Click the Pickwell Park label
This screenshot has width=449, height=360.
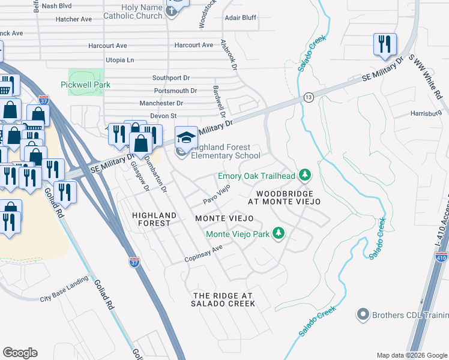[x=85, y=85]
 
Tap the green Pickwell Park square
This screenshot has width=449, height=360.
[x=81, y=76]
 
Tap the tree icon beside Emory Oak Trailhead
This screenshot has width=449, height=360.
[x=306, y=175]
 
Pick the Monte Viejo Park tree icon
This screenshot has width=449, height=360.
[x=278, y=233]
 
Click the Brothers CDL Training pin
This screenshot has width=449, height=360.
[x=363, y=314]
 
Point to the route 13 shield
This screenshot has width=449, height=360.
[x=308, y=96]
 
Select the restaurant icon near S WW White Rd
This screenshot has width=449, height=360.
[x=384, y=44]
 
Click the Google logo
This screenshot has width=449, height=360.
[x=20, y=353]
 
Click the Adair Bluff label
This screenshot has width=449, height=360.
[x=240, y=18]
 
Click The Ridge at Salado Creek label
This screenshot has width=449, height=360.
[x=223, y=300]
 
